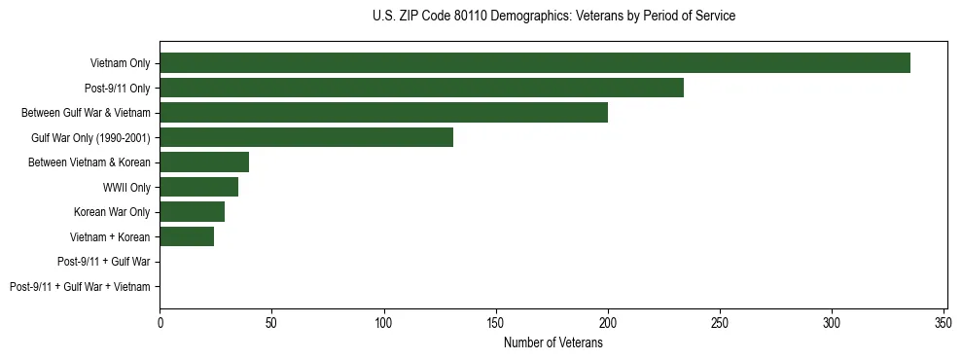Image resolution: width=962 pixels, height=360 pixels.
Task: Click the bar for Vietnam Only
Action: [x=535, y=63]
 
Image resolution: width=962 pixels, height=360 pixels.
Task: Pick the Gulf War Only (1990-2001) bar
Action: [x=306, y=137]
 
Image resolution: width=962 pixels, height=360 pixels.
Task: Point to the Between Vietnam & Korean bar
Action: [x=204, y=162]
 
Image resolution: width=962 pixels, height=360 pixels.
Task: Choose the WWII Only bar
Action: [x=198, y=187]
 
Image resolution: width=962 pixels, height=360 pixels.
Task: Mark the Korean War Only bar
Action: [x=192, y=211]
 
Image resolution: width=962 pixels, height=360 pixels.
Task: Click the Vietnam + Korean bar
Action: [x=187, y=236]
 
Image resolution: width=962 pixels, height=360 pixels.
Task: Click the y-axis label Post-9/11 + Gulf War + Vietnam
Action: [x=80, y=287]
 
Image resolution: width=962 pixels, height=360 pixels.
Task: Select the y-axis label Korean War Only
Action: [x=112, y=212]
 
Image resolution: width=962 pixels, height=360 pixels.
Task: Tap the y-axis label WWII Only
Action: [x=126, y=187]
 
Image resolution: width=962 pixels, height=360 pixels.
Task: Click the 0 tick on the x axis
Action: [x=160, y=321]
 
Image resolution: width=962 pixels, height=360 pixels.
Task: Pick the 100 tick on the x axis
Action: [x=384, y=321]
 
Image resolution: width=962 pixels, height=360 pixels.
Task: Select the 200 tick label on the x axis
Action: [x=608, y=321]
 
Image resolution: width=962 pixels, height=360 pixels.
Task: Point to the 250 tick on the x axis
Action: [x=720, y=321]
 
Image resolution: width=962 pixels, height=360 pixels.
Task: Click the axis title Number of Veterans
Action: [x=552, y=342]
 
